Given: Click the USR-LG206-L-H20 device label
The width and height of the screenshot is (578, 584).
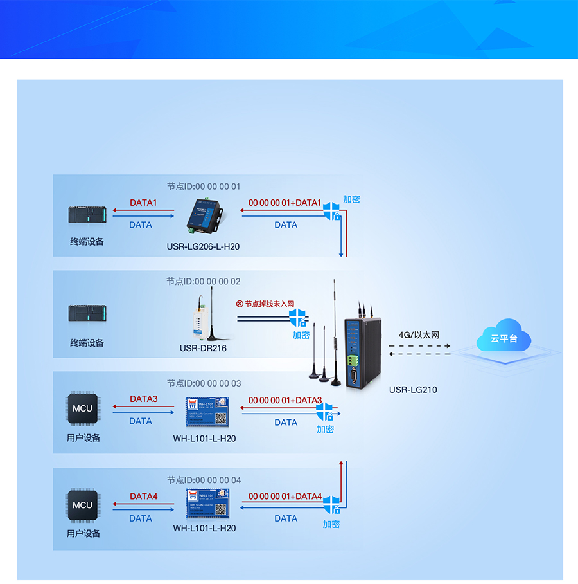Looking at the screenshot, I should pos(203,246).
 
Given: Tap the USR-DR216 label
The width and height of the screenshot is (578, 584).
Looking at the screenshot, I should pos(203,349).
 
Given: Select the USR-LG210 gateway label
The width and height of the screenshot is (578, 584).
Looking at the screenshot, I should pos(413,390).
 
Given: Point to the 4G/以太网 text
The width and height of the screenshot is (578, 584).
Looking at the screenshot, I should pos(419,334).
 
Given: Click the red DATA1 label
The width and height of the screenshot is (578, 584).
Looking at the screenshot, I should pos(143,203).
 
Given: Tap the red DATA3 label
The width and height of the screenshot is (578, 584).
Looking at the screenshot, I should pos(143,399).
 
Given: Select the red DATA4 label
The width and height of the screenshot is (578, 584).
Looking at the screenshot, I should pos(143,497).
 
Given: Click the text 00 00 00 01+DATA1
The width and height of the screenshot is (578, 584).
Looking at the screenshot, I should pos(285,203).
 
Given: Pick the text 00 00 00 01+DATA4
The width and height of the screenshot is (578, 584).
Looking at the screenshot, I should pos(285,497).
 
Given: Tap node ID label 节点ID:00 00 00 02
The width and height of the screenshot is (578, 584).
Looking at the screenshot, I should pos(203,281).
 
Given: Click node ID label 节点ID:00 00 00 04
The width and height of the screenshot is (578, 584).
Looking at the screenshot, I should pos(204,480).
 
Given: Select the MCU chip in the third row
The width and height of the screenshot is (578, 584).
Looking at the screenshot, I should pos(82,408).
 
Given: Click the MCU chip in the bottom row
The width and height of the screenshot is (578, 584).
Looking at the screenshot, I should pos(82,505).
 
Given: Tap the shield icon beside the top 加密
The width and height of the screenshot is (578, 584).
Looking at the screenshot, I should pos(331,210).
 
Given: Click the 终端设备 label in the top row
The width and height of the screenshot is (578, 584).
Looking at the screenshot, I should pos(87,242).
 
